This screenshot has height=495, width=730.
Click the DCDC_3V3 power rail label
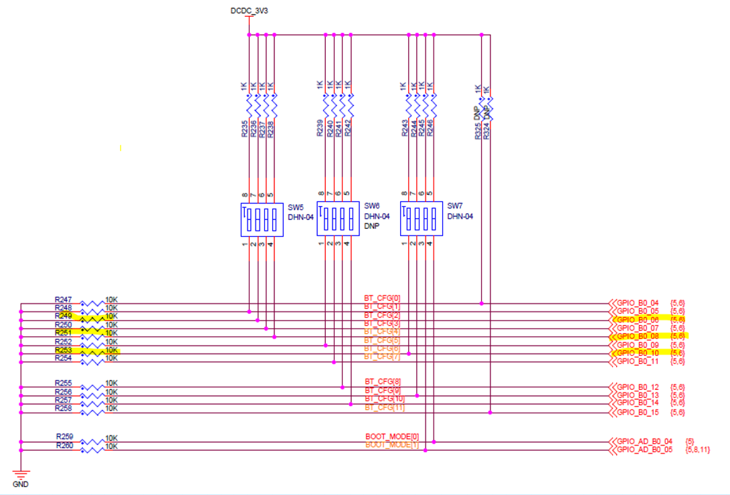tap(249, 11)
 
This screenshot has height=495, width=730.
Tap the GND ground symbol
tap(21, 475)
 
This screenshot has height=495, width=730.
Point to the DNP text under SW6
tap(371, 227)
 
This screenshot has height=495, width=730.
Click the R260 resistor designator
tap(65, 446)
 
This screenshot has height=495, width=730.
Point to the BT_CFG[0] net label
tap(382, 298)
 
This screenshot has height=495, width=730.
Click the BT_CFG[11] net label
tap(384, 407)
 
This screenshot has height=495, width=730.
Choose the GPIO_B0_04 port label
tap(638, 302)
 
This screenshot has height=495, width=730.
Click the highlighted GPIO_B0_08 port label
tap(638, 336)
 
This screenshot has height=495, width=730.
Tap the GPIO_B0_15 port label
tap(638, 413)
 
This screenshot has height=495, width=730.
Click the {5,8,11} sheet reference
tap(698, 450)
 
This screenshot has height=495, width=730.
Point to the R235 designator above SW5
tap(244, 128)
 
